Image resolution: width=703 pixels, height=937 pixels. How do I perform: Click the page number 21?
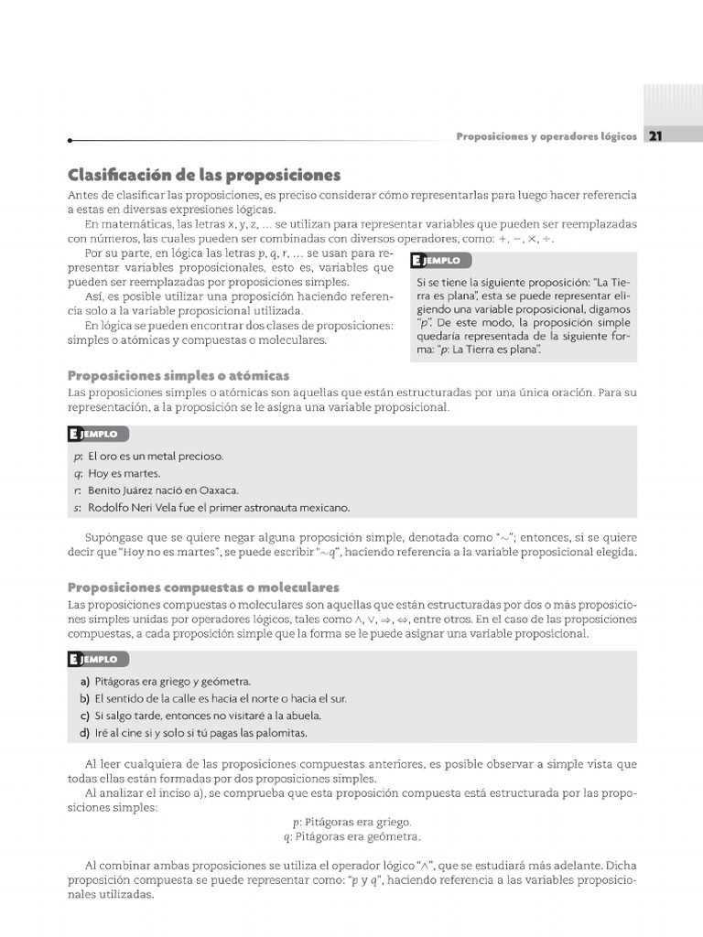tap(655, 136)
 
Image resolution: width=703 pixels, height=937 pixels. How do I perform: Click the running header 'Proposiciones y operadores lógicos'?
tap(546, 136)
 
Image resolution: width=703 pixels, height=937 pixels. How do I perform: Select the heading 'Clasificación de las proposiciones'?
tap(204, 175)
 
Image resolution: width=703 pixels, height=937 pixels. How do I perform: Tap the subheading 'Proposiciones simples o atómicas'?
tap(178, 375)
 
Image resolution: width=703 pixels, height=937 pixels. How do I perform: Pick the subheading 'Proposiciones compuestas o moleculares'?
tap(203, 587)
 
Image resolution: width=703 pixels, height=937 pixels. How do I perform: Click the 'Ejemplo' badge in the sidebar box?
tap(437, 261)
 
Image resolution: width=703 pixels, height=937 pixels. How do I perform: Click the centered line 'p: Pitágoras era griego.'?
tap(351, 822)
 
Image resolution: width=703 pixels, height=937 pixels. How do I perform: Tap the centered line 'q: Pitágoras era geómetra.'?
tap(351, 836)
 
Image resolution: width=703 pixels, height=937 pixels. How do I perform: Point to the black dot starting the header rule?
tap(70, 141)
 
